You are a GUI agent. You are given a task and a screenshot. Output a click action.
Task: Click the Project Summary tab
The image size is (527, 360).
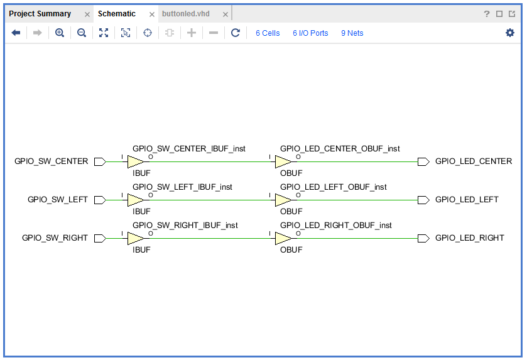pyautogui.click(x=40, y=14)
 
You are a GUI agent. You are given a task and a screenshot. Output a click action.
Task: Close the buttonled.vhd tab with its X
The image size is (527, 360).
pyautogui.click(x=225, y=14)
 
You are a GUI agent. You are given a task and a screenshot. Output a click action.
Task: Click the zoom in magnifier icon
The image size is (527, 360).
pyautogui.click(x=60, y=33)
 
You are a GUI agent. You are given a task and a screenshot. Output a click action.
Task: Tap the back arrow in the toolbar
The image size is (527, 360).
pyautogui.click(x=16, y=33)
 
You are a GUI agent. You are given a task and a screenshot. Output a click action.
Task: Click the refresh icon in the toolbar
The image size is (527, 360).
pyautogui.click(x=236, y=33)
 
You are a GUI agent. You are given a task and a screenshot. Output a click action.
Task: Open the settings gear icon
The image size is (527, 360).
pyautogui.click(x=510, y=33)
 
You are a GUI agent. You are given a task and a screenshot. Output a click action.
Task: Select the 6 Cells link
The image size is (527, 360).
pyautogui.click(x=268, y=33)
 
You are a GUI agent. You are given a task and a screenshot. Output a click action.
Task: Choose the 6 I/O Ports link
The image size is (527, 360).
pyautogui.click(x=310, y=33)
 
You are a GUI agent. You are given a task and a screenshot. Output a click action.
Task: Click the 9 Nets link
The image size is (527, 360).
pyautogui.click(x=352, y=33)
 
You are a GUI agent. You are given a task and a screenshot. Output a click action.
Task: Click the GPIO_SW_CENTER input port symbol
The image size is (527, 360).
pyautogui.click(x=100, y=161)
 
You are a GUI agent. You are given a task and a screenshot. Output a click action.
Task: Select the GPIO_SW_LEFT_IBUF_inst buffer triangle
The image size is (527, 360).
pyautogui.click(x=136, y=200)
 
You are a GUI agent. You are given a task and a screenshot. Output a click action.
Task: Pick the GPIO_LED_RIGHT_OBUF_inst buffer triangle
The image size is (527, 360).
pyautogui.click(x=283, y=238)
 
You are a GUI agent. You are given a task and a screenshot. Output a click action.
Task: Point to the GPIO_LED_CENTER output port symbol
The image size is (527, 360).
pyautogui.click(x=423, y=161)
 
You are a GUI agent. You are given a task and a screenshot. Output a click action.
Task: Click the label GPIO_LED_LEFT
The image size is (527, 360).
pyautogui.click(x=467, y=200)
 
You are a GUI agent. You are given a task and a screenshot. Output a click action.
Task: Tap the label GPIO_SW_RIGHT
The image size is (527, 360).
pyautogui.click(x=55, y=238)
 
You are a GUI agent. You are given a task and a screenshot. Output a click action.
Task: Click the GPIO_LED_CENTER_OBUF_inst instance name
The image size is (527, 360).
pyautogui.click(x=340, y=148)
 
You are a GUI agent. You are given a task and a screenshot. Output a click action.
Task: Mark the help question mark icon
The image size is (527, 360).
pyautogui.click(x=487, y=14)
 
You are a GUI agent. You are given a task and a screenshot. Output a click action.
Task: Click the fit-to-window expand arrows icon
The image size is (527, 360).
pyautogui.click(x=104, y=33)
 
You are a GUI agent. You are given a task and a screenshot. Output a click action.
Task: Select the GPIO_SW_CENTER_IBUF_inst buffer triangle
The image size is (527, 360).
pyautogui.click(x=136, y=161)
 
